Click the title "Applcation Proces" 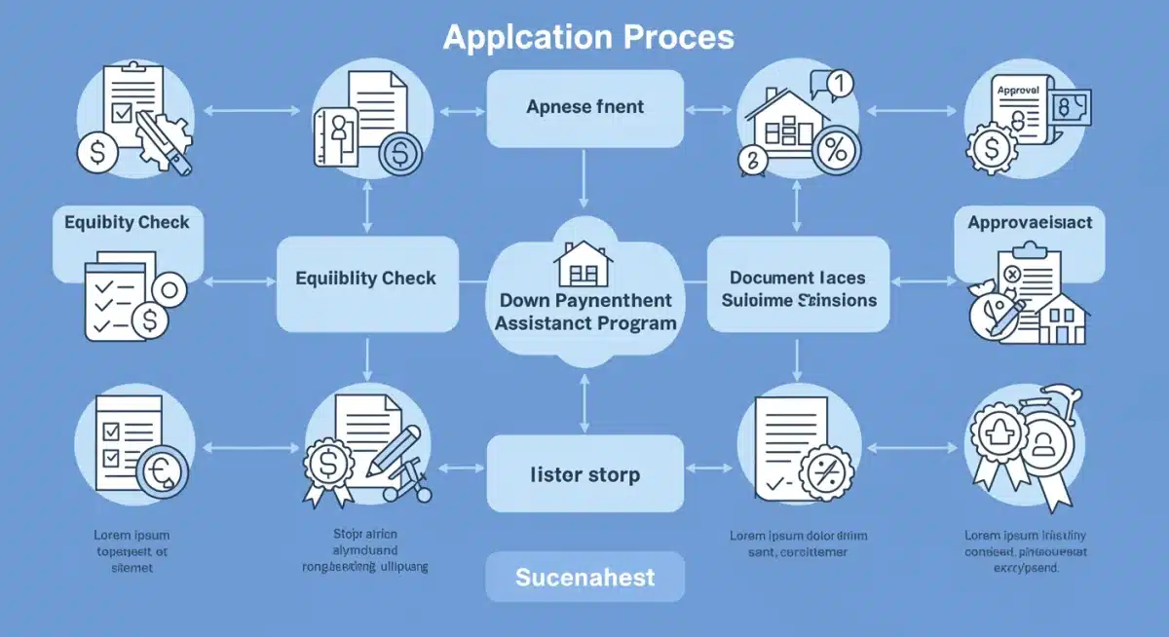(587, 37)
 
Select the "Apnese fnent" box (584, 107)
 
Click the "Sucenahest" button (584, 578)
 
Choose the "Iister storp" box (584, 475)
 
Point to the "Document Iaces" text (798, 278)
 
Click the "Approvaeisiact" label (1030, 223)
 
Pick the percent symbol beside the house (835, 151)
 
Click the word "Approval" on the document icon (1018, 90)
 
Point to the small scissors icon (409, 487)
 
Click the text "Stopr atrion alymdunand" (365, 543)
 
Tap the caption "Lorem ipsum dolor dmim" (798, 536)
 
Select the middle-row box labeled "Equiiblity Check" (366, 279)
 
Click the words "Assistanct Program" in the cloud (584, 322)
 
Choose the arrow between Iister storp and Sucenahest (584, 531)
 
